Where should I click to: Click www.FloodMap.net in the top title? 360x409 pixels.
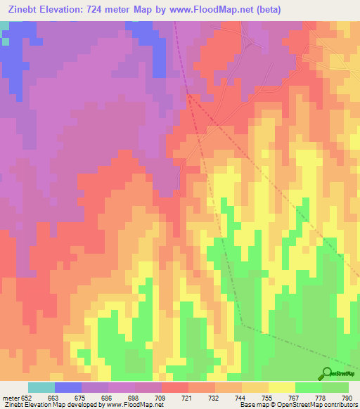click(x=216, y=10)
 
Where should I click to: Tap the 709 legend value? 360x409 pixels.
click(x=161, y=397)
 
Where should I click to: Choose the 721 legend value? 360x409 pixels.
click(x=188, y=397)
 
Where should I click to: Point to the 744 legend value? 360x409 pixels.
click(x=240, y=397)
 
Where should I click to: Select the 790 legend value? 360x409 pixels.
click(x=347, y=397)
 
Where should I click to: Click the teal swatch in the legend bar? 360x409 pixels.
click(x=41, y=387)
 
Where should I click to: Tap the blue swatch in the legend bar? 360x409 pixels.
click(x=68, y=387)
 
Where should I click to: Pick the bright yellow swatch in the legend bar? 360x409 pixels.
click(x=282, y=387)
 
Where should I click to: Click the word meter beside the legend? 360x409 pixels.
click(x=9, y=397)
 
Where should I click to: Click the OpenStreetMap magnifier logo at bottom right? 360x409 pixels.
click(x=327, y=374)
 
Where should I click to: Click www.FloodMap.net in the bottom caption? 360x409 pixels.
click(x=132, y=405)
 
